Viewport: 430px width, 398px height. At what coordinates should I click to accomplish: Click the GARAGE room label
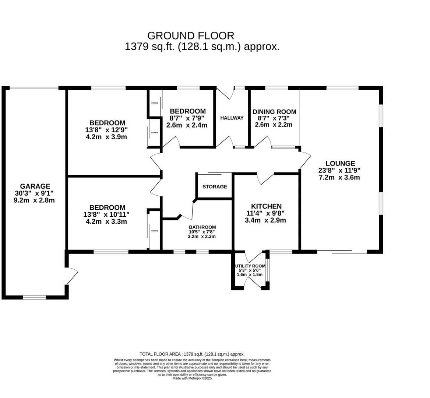(35, 186)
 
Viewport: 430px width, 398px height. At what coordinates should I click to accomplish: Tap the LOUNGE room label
(340, 163)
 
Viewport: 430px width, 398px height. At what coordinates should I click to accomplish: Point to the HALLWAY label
(232, 118)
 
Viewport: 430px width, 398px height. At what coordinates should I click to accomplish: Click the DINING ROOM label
(274, 112)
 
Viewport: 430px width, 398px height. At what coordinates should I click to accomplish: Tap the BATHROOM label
(202, 227)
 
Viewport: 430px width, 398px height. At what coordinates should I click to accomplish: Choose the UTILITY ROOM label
(250, 266)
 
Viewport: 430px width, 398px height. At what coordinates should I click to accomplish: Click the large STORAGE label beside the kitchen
(215, 187)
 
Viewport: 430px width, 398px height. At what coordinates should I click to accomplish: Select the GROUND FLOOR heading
(190, 36)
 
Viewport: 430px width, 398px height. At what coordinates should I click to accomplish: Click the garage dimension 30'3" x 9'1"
(35, 193)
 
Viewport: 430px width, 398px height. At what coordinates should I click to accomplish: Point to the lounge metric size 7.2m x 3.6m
(340, 177)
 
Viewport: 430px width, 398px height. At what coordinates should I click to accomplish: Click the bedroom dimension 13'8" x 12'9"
(107, 130)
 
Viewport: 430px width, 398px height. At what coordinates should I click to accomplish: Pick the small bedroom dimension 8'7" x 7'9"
(187, 118)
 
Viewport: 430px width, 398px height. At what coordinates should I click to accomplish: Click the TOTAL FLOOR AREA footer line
(192, 354)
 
